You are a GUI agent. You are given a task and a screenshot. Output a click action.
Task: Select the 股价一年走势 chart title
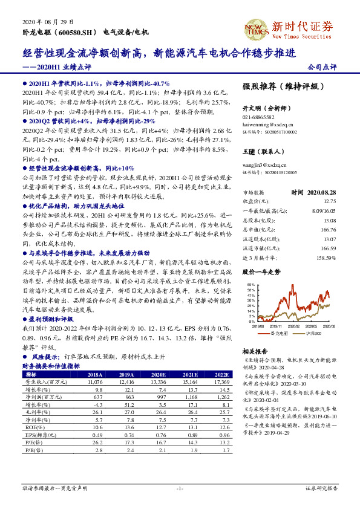coord(261,273)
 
